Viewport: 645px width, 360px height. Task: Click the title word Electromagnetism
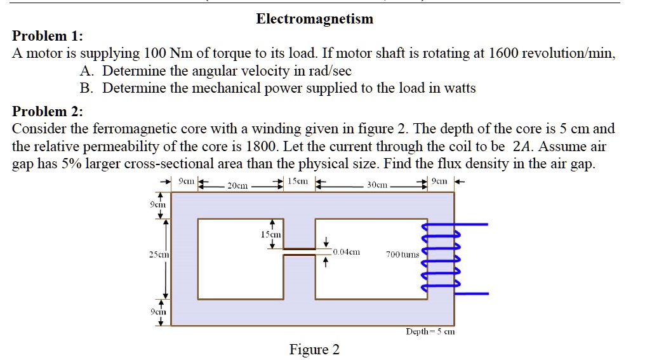(314, 19)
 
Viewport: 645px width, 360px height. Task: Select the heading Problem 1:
(48, 36)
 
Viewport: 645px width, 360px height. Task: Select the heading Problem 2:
(48, 112)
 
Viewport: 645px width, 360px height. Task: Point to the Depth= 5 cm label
(430, 331)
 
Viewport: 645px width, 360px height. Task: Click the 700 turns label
(402, 255)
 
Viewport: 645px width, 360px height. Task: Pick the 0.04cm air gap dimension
(346, 252)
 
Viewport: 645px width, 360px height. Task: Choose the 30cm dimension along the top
(376, 185)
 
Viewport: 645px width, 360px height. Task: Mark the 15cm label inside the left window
(271, 234)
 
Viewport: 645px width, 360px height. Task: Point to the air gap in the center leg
(299, 252)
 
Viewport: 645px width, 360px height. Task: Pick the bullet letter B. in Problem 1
(88, 88)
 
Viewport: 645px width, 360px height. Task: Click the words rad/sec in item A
(329, 71)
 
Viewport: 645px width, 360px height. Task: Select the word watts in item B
(456, 88)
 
